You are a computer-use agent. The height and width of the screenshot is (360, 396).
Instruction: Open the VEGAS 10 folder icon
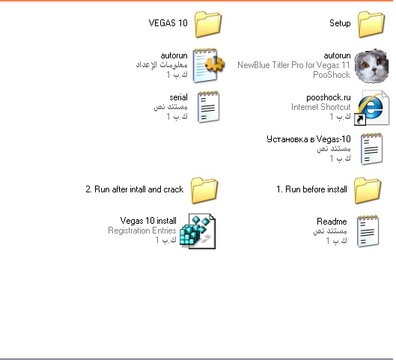[x=208, y=24]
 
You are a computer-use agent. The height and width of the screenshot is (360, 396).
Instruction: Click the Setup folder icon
[x=371, y=24]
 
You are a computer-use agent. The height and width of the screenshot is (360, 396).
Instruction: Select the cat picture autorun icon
[x=371, y=66]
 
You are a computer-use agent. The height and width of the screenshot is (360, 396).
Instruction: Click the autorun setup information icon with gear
[x=208, y=65]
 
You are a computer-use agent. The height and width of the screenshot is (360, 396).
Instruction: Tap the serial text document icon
[x=208, y=107]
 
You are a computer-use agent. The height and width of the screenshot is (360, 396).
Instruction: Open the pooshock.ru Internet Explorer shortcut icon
[x=371, y=108]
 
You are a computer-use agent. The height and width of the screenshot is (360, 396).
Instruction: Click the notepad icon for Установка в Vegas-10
[x=371, y=149]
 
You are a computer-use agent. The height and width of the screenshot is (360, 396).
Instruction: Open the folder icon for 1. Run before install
[x=368, y=191]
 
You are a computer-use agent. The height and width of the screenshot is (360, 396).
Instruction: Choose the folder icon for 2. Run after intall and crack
[x=204, y=191]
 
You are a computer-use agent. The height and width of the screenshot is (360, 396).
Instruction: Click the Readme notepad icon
[x=368, y=231]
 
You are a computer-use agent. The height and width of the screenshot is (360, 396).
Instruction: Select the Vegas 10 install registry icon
[x=198, y=231]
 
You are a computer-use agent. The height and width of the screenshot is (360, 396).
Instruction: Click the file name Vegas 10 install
[x=148, y=221]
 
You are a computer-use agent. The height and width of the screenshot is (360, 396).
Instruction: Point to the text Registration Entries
[x=142, y=231]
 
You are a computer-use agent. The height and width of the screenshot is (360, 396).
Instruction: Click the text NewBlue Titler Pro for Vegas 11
[x=293, y=65]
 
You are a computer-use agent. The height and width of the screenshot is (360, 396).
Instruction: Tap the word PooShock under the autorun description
[x=332, y=75]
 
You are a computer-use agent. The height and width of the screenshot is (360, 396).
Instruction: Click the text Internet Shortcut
[x=320, y=107]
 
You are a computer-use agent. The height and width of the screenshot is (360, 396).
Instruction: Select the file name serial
[x=178, y=97]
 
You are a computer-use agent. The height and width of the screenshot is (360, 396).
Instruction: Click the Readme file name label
[x=332, y=222]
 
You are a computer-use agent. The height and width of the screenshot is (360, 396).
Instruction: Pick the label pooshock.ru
[x=329, y=97]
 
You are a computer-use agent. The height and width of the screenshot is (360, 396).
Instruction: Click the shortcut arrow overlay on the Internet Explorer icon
[x=360, y=120]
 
